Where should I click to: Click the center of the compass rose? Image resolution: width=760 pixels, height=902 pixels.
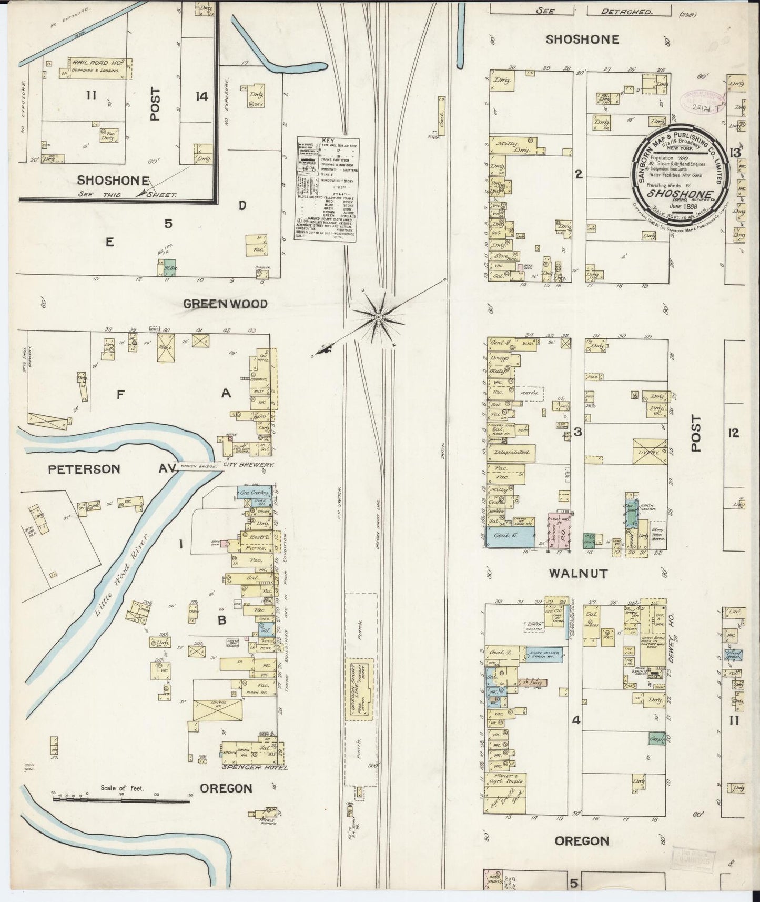(x=378, y=317)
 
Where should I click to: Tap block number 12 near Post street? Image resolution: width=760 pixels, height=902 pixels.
(x=734, y=433)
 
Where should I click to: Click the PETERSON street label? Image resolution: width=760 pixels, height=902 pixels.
(x=84, y=469)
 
